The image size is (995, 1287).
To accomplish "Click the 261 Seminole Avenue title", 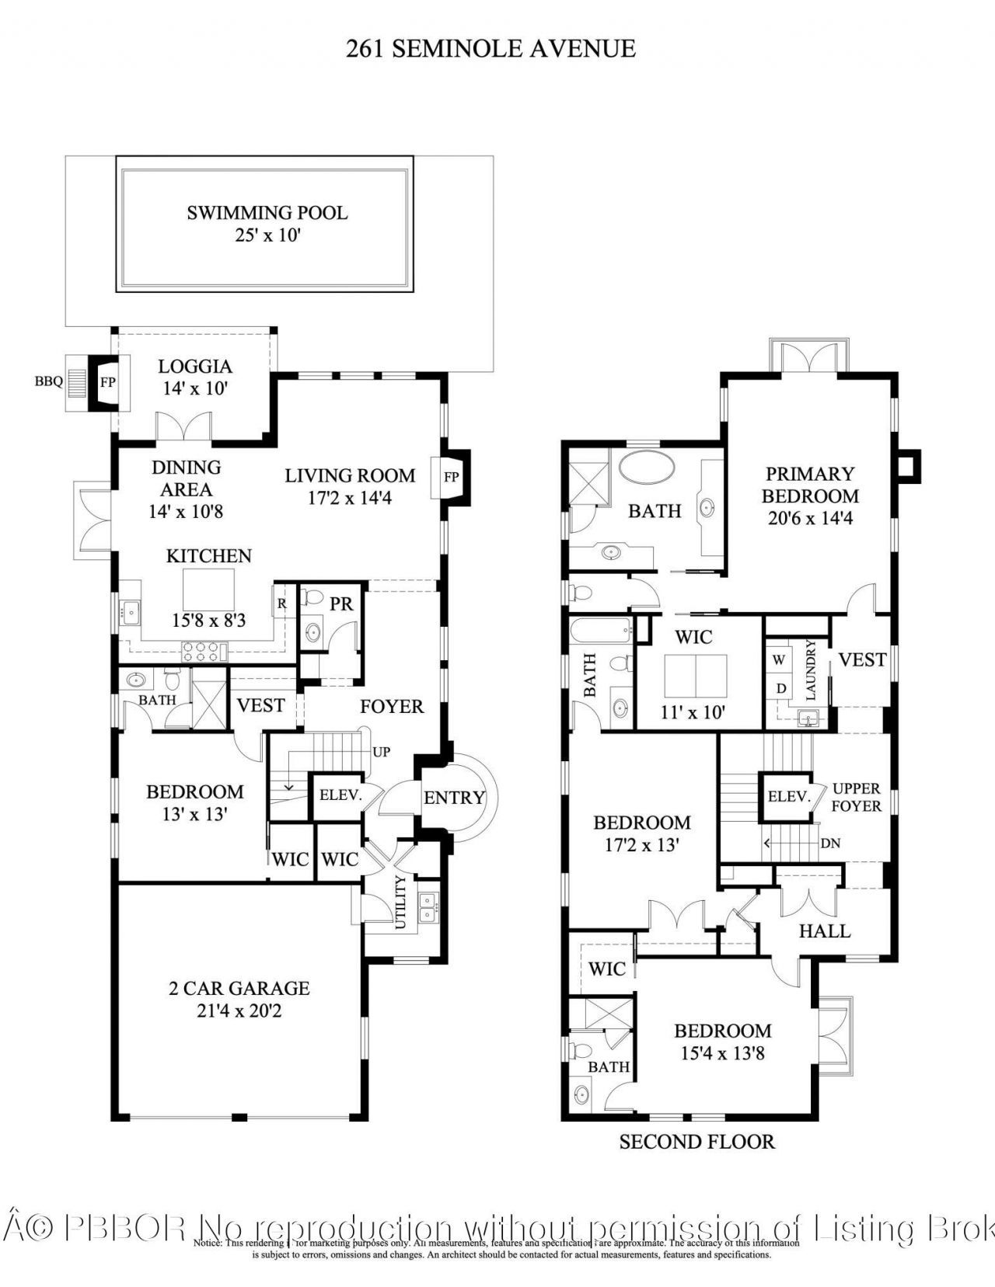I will tap(491, 49).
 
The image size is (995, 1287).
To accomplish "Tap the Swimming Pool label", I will tap(267, 213).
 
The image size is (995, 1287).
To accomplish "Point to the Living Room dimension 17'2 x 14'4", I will tap(350, 498).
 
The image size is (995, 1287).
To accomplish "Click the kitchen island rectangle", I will tap(208, 590).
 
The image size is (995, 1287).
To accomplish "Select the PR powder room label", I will tap(341, 603).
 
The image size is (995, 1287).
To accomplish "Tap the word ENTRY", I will tap(454, 798).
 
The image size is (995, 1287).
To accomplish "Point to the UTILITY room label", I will tap(400, 902).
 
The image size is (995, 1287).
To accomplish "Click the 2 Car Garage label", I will tap(239, 988).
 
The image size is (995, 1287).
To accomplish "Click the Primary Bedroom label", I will tap(810, 485).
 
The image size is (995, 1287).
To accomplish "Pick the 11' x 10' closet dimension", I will tap(693, 711).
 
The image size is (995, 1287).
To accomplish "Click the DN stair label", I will tap(830, 843).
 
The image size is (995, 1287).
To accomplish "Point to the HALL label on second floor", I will tap(825, 930).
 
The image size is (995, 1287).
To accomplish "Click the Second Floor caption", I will tap(696, 1142).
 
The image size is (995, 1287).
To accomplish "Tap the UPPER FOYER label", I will tap(857, 797).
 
